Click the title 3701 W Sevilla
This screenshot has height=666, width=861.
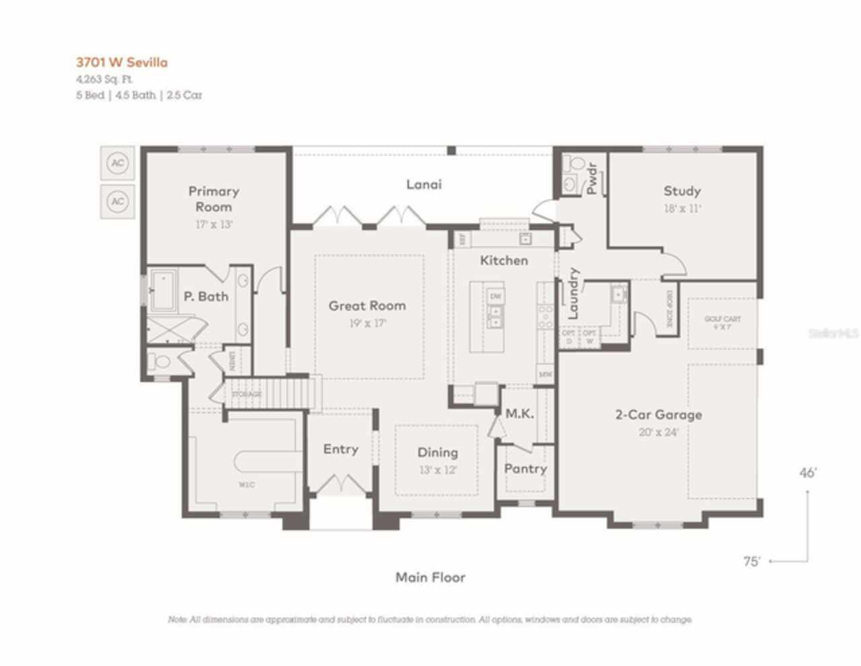tap(122, 63)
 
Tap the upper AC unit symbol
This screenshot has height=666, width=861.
tap(118, 163)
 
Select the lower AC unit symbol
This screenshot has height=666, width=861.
tap(118, 201)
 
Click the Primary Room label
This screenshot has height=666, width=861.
tap(213, 199)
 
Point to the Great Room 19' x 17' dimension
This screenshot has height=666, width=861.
tap(367, 324)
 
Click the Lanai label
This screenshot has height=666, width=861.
tap(424, 184)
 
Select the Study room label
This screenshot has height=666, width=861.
tap(682, 191)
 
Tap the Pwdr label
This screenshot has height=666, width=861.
tap(592, 178)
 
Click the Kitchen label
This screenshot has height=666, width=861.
tap(504, 260)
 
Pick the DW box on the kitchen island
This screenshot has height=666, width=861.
tap(496, 297)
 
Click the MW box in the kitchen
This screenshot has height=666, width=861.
tap(545, 373)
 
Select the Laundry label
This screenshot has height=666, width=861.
tap(574, 293)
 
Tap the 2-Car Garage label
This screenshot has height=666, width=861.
tap(659, 414)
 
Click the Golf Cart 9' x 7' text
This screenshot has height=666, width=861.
tap(722, 323)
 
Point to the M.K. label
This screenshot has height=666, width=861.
tap(519, 414)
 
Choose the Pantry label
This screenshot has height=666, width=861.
tap(525, 469)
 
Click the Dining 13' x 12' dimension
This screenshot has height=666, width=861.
tap(438, 470)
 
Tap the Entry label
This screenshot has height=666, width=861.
tap(340, 449)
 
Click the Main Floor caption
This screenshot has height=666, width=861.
tap(430, 577)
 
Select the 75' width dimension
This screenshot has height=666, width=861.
tap(751, 561)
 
